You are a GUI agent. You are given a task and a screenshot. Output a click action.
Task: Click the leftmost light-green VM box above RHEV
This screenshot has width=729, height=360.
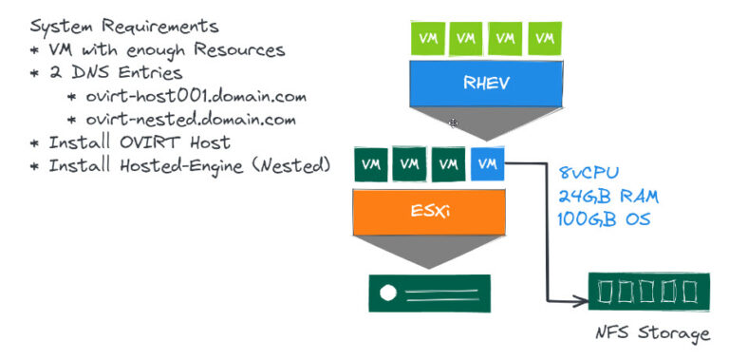[426, 38]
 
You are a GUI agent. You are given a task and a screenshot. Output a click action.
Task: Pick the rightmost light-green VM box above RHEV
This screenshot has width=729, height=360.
[544, 38]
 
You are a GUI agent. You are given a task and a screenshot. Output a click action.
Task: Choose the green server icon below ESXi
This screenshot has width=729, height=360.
[429, 294]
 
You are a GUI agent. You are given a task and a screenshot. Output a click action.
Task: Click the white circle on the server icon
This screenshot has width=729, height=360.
[387, 294]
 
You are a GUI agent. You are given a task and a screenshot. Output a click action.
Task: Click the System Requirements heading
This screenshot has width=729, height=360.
[123, 26]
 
